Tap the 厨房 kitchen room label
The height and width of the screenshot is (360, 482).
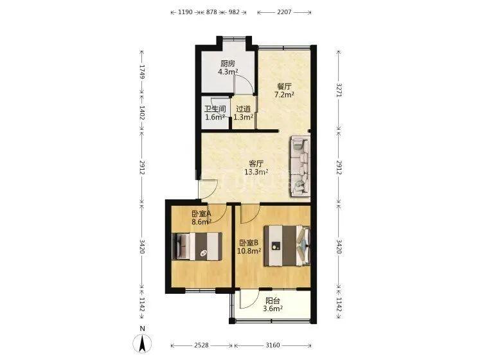[228, 64]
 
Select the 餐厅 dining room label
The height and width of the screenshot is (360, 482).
[284, 86]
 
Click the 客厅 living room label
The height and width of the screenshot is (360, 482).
[256, 163]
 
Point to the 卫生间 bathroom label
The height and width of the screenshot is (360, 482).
[215, 109]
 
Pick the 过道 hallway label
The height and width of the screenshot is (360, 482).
[243, 109]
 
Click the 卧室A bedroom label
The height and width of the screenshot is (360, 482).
[201, 213]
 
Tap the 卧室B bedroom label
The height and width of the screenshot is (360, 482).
[249, 243]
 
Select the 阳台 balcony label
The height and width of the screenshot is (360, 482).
[272, 301]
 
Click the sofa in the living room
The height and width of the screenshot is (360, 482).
[299, 166]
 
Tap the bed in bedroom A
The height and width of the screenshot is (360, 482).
[197, 247]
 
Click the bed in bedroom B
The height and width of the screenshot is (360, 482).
[287, 246]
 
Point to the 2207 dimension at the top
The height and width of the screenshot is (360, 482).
[284, 12]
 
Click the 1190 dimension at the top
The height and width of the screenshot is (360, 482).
[185, 12]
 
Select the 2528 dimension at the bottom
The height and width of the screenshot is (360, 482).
[201, 345]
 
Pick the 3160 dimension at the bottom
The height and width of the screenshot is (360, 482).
[272, 345]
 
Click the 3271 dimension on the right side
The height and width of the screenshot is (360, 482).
[339, 90]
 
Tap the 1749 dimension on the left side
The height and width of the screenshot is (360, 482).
[142, 71]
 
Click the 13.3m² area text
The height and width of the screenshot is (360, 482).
[256, 172]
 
